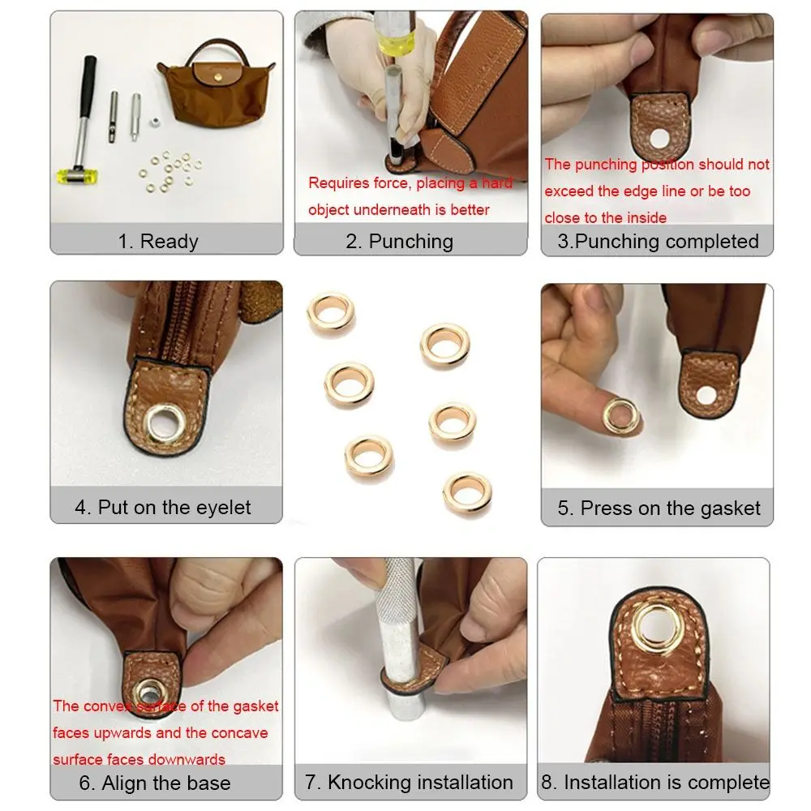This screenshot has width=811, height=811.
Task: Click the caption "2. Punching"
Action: (410, 241)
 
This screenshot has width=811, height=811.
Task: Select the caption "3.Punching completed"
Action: (658, 241)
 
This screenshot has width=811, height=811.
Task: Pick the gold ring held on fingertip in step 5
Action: (621, 414)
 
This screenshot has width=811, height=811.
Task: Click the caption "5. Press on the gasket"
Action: (658, 508)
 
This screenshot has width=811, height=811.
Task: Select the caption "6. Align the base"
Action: (154, 783)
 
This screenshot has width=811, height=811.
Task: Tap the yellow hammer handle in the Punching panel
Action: (395, 49)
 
